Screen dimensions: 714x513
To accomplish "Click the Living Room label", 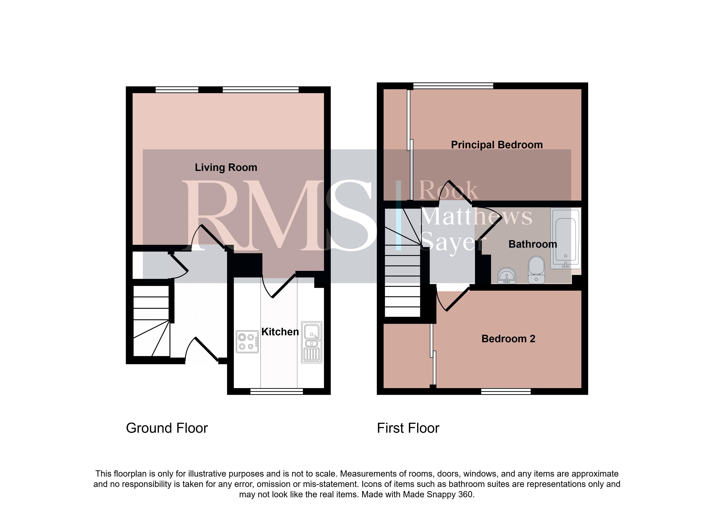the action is pyautogui.click(x=226, y=167).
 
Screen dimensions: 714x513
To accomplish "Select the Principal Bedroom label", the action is pyautogui.click(x=497, y=145).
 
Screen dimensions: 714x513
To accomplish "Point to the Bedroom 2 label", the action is pyautogui.click(x=508, y=339).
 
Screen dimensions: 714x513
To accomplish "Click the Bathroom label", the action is pyautogui.click(x=533, y=244).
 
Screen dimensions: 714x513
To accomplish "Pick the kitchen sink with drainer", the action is pyautogui.click(x=312, y=342).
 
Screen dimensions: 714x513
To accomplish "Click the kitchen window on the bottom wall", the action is pyautogui.click(x=276, y=391).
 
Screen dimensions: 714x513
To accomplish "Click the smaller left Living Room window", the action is pyautogui.click(x=177, y=90).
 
